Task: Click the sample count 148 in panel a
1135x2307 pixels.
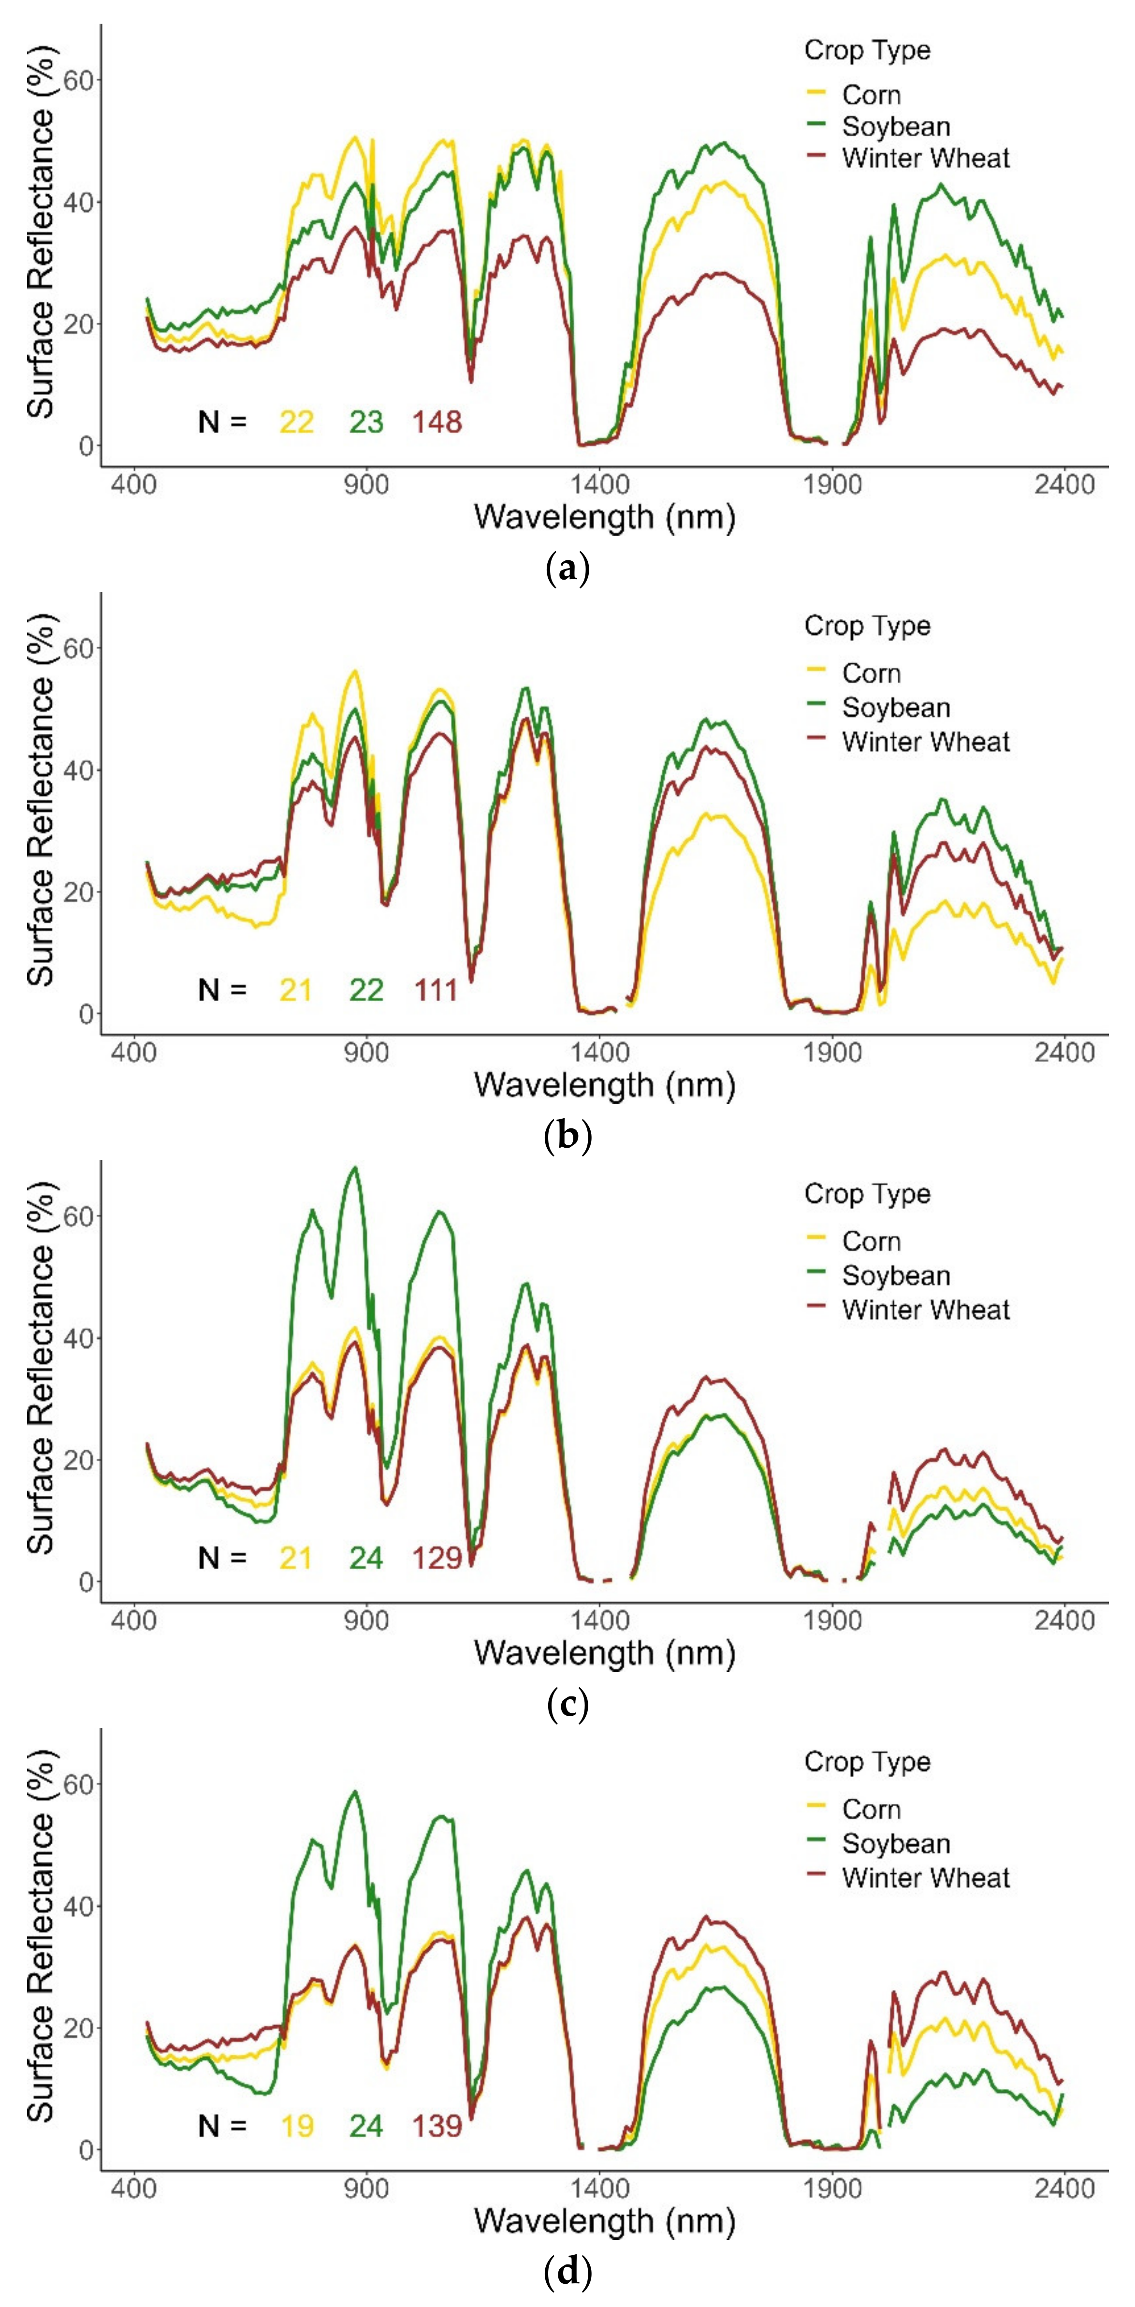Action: coord(437,422)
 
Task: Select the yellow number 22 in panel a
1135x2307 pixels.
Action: coord(296,422)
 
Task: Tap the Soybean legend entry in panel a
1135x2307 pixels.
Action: coord(895,126)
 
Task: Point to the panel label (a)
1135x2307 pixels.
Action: coord(567,568)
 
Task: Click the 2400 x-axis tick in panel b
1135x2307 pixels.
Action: coord(1064,1052)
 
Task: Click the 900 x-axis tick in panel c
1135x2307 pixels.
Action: coord(366,1620)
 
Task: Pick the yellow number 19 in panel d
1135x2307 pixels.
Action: coord(296,2125)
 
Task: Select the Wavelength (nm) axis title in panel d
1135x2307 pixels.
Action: coord(605,2220)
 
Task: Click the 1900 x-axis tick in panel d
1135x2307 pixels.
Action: coord(832,2188)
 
